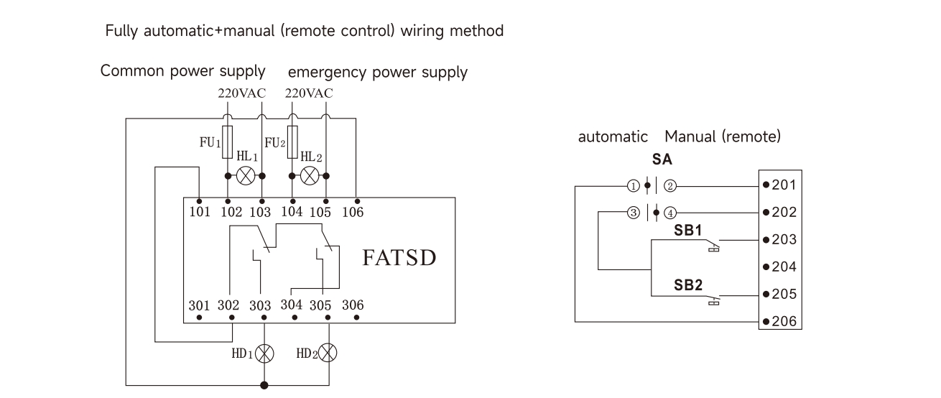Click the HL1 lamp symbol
click(x=245, y=175)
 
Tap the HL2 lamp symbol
click(x=310, y=175)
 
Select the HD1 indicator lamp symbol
click(x=266, y=353)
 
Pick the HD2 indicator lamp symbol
click(x=328, y=353)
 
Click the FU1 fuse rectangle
click(x=228, y=138)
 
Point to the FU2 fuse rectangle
click(x=292, y=138)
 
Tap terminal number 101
click(x=199, y=212)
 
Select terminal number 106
click(x=353, y=212)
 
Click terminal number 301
click(x=199, y=305)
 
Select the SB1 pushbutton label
click(x=687, y=230)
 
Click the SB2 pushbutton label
click(x=687, y=284)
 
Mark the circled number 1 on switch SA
click(x=632, y=186)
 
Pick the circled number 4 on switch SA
click(x=669, y=213)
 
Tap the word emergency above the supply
click(x=322, y=73)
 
